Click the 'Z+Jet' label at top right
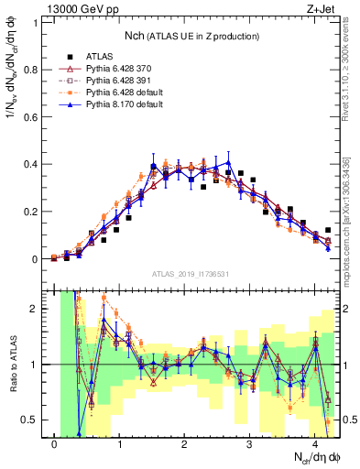pyautogui.click(x=320, y=8)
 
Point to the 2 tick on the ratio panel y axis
pyautogui.click(x=38, y=309)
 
